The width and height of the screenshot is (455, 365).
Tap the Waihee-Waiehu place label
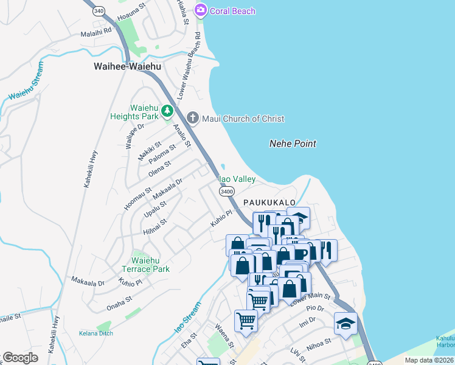tap(127, 66)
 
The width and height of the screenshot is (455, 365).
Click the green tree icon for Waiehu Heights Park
tap(167, 111)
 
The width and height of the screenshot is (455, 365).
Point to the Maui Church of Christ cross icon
tap(193, 118)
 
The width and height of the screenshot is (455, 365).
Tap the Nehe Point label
tap(293, 144)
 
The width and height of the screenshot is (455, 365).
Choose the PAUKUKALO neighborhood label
tap(269, 202)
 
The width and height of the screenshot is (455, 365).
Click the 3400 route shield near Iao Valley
tap(227, 191)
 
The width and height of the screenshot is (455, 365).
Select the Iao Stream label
tap(187, 318)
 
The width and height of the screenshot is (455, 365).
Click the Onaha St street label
tap(119, 302)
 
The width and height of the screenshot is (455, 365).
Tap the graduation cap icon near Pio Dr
tap(346, 322)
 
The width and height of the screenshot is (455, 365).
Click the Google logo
tap(20, 357)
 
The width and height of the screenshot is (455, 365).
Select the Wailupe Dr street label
tap(134, 135)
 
